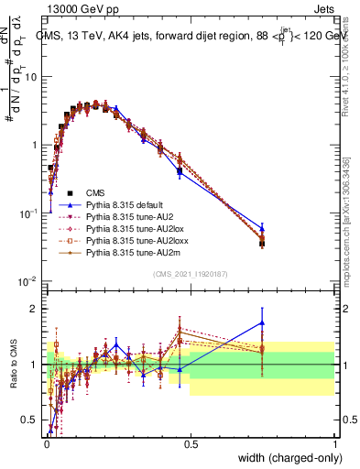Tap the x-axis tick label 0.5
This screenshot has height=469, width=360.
click(191, 442)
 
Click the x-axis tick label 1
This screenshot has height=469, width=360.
click(334, 442)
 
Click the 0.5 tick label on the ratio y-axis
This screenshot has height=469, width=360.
click(30, 420)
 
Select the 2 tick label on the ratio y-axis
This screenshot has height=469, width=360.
click(36, 309)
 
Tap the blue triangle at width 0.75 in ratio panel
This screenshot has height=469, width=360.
click(262, 322)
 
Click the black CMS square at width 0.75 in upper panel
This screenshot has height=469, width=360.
click(262, 244)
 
